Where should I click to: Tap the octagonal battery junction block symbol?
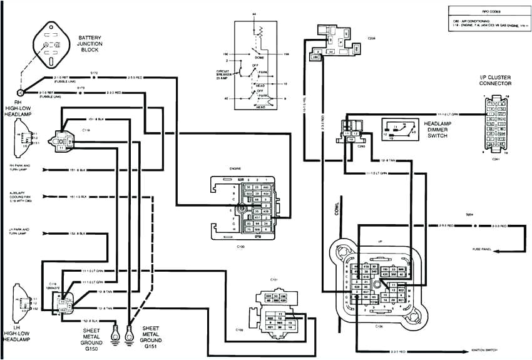click(50, 46)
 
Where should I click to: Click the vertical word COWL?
click(337, 210)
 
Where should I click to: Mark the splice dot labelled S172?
click(95, 77)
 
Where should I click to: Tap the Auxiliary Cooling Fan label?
click(19, 196)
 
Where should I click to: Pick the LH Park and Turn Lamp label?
click(18, 231)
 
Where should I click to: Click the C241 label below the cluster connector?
click(496, 159)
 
